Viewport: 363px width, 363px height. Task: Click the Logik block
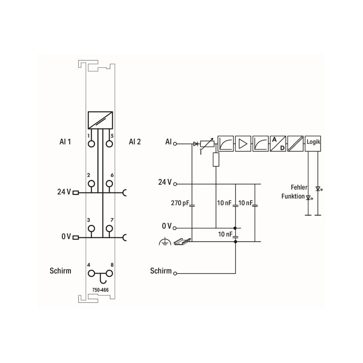pyautogui.click(x=313, y=143)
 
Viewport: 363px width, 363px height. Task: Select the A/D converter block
pyautogui.click(x=278, y=143)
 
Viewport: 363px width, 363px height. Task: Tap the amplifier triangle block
pyautogui.click(x=243, y=143)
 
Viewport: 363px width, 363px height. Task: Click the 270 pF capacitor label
pyautogui.click(x=180, y=203)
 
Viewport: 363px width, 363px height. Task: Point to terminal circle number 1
pyautogui.click(x=91, y=144)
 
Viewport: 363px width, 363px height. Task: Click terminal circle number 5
pyautogui.click(x=109, y=144)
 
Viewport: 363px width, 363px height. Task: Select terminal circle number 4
pyautogui.click(x=91, y=274)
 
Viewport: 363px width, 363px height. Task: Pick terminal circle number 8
pyautogui.click(x=109, y=274)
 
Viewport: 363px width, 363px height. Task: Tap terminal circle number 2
pyautogui.click(x=91, y=184)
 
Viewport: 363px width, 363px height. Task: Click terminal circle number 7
pyautogui.click(x=109, y=229)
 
